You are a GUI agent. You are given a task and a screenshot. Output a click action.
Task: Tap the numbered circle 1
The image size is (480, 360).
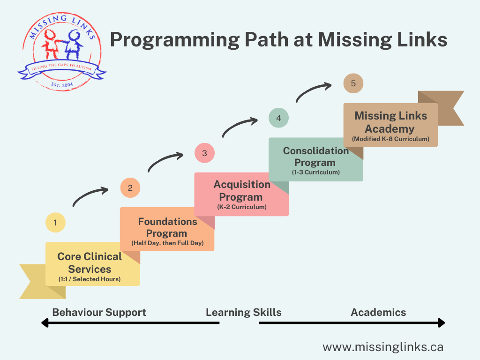point(55,223)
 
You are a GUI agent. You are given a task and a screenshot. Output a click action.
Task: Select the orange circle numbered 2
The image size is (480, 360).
point(130,188)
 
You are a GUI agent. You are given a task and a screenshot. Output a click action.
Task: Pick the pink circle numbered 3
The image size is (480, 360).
point(204,153)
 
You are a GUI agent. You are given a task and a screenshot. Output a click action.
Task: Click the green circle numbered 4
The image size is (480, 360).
point(278,118)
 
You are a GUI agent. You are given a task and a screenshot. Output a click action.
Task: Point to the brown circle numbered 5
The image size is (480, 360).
point(353,83)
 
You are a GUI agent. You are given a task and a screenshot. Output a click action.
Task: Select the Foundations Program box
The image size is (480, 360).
point(167,229)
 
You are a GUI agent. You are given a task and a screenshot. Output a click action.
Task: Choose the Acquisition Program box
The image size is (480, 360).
point(241,194)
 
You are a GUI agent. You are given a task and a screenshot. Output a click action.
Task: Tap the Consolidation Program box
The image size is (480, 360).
point(316,159)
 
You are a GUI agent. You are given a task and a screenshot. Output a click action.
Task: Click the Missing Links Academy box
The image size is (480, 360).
point(390,125)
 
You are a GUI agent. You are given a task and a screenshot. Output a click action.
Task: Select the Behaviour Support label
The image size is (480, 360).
point(99,312)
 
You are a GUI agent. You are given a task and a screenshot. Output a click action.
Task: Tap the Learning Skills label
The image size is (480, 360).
point(244,312)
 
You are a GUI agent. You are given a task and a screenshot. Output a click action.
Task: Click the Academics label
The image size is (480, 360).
point(378,312)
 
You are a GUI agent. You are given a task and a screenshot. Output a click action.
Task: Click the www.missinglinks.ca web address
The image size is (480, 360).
point(383,347)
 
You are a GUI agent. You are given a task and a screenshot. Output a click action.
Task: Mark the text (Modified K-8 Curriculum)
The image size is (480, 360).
point(390,139)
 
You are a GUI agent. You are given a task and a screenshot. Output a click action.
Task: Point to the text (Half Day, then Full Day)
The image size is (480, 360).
point(167,244)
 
